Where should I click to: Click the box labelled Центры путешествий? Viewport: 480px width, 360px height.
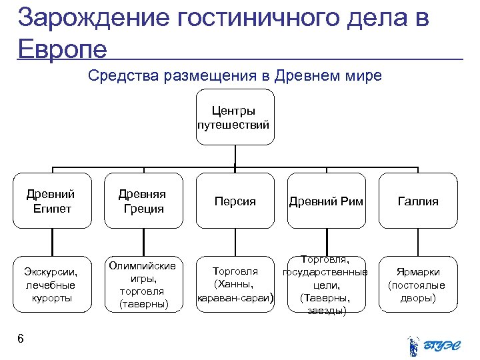(x=235, y=117)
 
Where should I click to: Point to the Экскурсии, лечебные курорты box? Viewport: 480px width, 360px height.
(x=51, y=284)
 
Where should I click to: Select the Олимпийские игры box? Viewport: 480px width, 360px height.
(x=143, y=284)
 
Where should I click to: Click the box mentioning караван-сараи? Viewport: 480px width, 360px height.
(x=235, y=284)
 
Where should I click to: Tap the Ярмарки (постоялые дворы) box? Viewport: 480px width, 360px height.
(x=418, y=284)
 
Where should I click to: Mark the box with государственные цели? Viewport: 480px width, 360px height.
(x=326, y=284)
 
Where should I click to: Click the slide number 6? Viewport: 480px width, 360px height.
(x=21, y=339)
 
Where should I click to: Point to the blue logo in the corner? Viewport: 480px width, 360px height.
(x=433, y=344)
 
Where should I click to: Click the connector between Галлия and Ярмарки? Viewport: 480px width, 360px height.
(x=418, y=241)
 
